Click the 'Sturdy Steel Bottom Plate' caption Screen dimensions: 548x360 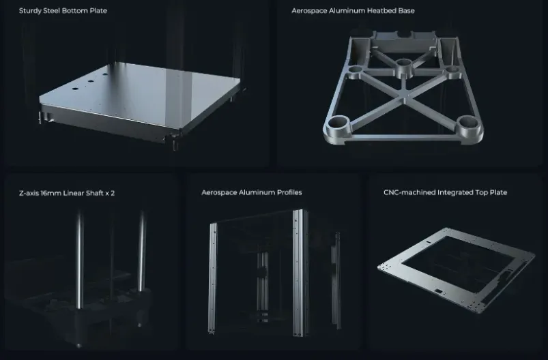(x=63, y=11)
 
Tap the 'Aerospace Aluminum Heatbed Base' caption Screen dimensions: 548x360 (x=353, y=11)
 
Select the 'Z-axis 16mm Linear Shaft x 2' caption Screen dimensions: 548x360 (x=67, y=193)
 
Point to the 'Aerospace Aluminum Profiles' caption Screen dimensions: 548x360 (x=252, y=192)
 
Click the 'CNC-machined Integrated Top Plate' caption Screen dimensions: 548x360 (x=445, y=192)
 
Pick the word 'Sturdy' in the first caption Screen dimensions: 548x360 (x=30, y=11)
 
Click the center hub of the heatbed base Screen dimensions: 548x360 (x=403, y=66)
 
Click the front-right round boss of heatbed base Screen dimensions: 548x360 (x=468, y=125)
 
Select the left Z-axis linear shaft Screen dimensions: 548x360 (x=80, y=260)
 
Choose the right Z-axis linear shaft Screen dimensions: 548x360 (x=141, y=252)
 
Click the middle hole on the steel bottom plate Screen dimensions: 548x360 (x=91, y=81)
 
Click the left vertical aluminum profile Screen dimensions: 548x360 (x=212, y=277)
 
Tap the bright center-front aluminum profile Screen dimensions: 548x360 (x=299, y=272)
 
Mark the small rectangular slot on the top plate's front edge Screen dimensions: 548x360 (x=437, y=290)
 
